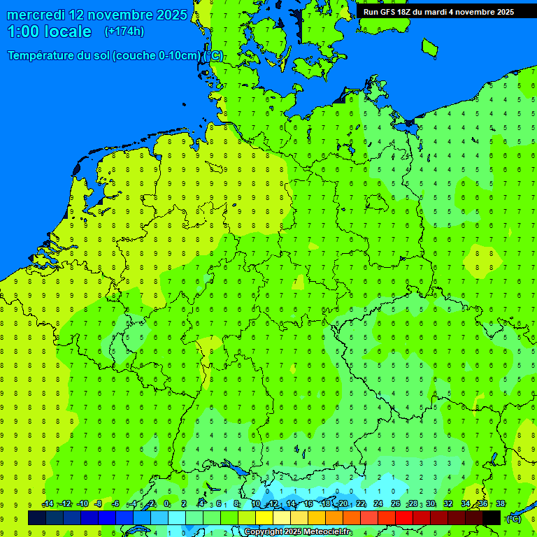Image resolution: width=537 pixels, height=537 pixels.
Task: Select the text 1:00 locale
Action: point(50,32)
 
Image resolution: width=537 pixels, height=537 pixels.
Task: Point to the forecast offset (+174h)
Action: point(124,31)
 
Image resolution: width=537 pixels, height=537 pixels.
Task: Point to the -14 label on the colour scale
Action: point(48,504)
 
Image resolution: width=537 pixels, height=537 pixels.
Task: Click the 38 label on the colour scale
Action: point(500,504)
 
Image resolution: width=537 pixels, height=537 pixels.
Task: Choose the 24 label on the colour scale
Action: point(378,504)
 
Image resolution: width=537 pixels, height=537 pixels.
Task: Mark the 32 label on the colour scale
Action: point(448,504)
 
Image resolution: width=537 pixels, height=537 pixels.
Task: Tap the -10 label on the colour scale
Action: point(82,504)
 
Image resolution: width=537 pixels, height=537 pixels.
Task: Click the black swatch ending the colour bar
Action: point(492,517)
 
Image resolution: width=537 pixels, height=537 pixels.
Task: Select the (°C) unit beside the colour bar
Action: point(513,518)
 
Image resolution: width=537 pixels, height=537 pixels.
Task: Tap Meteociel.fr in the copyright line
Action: point(328,532)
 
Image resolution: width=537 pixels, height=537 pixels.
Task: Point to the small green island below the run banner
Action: point(429,48)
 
